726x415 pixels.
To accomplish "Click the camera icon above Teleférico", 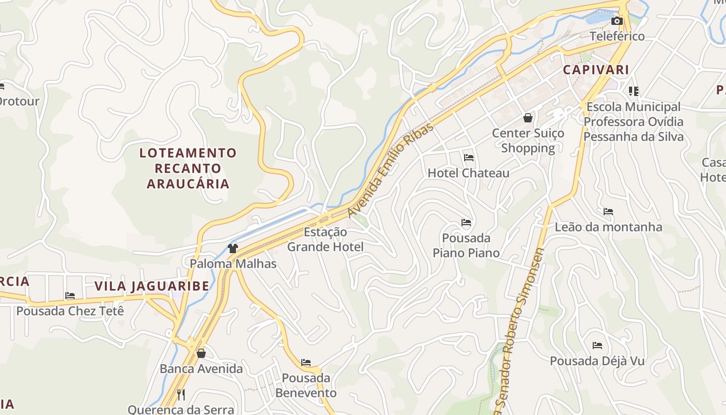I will (617, 21).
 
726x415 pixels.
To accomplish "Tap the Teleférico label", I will (617, 36).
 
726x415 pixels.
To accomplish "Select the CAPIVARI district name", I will (596, 70).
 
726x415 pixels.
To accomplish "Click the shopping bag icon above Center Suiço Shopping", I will (528, 118).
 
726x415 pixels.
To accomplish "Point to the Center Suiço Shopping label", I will (528, 141).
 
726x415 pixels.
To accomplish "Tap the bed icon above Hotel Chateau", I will (469, 158).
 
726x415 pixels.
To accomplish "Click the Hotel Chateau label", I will (468, 173).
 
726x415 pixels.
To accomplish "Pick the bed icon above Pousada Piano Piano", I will (466, 223).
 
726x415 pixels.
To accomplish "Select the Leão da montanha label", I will (608, 227).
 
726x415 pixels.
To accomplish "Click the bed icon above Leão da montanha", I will (608, 212).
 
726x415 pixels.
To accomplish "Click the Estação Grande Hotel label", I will (326, 239).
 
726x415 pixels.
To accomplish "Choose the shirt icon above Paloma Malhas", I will (232, 248).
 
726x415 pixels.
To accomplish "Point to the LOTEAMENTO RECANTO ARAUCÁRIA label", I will (188, 168).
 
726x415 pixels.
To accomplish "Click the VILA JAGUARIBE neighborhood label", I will (152, 286).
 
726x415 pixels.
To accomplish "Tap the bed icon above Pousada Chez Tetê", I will (70, 296).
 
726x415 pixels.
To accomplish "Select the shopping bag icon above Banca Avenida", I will (201, 354).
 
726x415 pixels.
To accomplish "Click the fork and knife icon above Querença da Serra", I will (181, 395).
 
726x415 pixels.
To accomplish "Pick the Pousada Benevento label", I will (306, 385).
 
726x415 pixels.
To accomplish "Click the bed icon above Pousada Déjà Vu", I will (597, 345).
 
